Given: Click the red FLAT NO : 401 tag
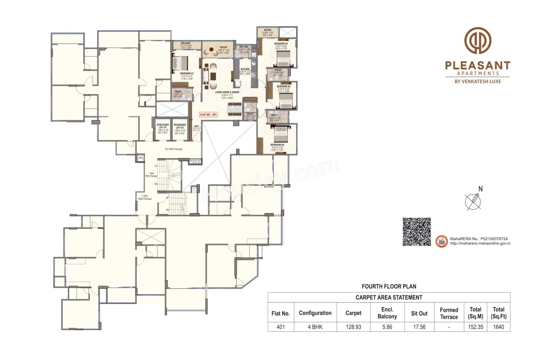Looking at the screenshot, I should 209,114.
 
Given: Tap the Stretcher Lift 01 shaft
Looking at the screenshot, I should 163,129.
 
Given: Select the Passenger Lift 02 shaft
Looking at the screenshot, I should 180,129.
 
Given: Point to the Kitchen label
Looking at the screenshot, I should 245,69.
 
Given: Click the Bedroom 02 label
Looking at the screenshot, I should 281,43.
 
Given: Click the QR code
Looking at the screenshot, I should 416,232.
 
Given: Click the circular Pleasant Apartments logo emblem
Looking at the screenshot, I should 478,41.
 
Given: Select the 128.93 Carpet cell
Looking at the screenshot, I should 353,327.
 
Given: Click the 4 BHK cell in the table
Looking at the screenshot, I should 315,327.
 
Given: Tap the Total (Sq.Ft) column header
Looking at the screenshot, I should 499,313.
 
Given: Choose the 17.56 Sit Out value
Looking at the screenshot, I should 419,327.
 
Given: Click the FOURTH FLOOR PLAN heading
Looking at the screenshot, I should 389,286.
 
